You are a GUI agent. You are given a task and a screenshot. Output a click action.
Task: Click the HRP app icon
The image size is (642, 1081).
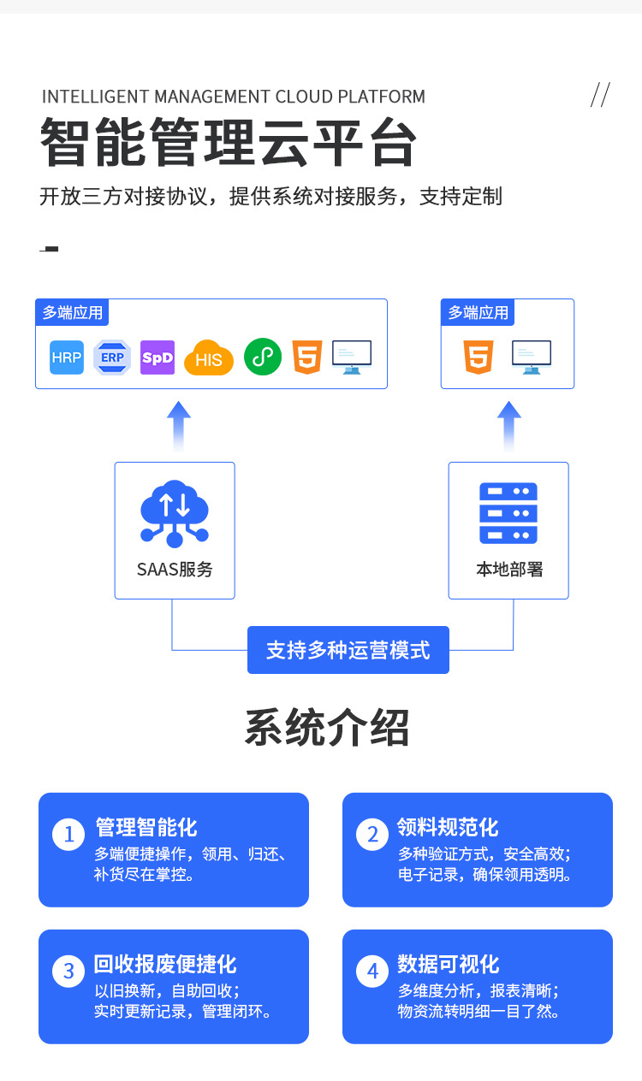coord(67,357)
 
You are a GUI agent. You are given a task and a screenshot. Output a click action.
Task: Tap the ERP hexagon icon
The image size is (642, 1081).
coord(112,357)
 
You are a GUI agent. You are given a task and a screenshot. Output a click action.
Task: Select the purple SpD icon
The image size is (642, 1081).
coord(158,357)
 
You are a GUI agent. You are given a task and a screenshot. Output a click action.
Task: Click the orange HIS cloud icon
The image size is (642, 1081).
coord(209,358)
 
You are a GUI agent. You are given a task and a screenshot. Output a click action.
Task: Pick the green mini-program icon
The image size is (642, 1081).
coord(263,357)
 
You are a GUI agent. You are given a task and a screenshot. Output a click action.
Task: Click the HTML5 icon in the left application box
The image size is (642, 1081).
coord(307,357)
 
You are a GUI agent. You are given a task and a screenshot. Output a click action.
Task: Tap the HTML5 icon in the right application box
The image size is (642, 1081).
coord(479,357)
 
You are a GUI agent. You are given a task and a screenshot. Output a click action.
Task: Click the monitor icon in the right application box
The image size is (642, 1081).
coord(532,357)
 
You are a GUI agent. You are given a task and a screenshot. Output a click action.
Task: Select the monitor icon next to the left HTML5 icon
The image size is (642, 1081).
coord(352,357)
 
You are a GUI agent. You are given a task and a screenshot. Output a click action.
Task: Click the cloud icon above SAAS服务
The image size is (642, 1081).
coord(175,513)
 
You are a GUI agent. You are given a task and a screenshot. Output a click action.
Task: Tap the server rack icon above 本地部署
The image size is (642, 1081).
coord(508,513)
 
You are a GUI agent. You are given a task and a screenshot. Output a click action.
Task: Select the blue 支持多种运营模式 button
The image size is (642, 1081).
coord(348,650)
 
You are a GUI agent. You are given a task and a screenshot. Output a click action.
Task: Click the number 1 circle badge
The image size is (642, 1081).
coord(68,834)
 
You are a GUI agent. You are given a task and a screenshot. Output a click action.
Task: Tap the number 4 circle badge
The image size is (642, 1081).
coord(372,971)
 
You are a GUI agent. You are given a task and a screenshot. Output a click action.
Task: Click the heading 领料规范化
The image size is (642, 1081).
coord(448,827)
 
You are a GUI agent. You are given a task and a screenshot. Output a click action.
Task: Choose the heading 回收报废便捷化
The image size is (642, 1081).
coord(165,964)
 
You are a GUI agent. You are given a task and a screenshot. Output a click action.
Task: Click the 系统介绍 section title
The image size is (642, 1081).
coord(327,728)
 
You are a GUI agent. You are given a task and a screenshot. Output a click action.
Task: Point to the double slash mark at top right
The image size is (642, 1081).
coord(600,94)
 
